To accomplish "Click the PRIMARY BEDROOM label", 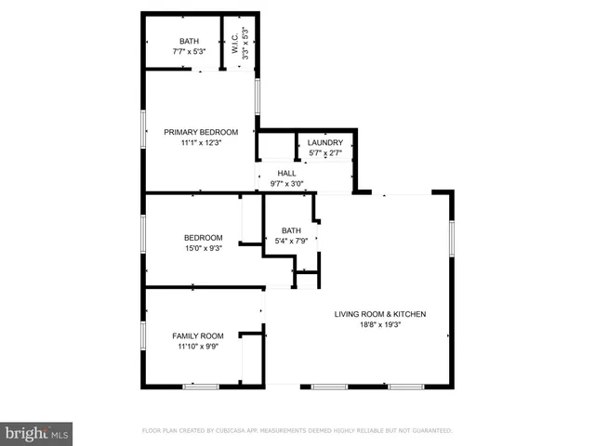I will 201,132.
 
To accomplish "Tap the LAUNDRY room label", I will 325,142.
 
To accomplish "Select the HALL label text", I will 287,173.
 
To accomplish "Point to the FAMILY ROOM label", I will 198,335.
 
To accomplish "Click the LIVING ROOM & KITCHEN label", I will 380,314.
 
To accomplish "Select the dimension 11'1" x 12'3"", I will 201,143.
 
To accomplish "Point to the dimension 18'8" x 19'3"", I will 380,325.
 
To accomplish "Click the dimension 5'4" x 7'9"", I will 292,242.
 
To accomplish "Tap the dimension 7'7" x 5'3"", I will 190,52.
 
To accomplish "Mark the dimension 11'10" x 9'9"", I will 198,347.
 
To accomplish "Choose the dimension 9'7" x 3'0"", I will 287,183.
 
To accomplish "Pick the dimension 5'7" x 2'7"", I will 325,152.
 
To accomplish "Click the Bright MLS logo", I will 37,434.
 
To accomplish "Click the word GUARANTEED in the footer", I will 430,431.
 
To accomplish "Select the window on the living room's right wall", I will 452,238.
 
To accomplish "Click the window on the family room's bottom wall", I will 200,386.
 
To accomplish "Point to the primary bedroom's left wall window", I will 143,128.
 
